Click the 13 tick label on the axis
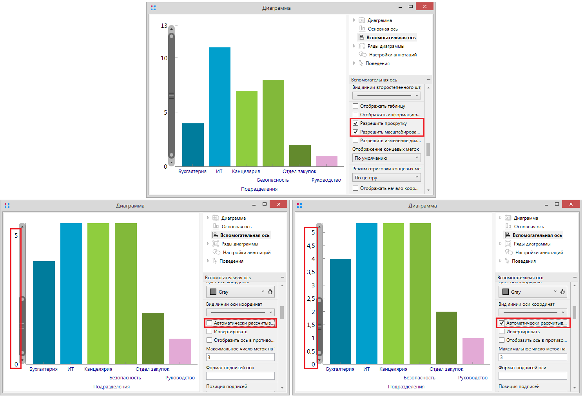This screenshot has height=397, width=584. [x=164, y=26]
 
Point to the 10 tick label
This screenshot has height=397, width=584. [x=164, y=58]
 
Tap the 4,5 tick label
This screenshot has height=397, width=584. [x=311, y=246]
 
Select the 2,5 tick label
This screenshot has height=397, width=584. [x=311, y=299]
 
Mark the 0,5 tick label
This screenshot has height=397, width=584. [x=311, y=352]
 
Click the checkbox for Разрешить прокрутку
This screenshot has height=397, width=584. [x=355, y=123]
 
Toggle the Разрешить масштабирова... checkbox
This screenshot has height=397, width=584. [x=355, y=132]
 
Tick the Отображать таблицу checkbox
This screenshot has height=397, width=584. [x=355, y=106]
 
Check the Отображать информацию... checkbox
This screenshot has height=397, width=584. [x=355, y=115]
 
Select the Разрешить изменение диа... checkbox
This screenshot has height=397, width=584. [x=355, y=141]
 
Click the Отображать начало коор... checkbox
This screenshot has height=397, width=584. [x=355, y=188]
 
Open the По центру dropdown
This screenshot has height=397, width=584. [x=386, y=178]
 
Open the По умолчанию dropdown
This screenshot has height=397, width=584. [x=386, y=158]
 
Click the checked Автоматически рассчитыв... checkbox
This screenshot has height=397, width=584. [x=502, y=323]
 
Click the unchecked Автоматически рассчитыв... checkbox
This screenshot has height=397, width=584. [x=209, y=323]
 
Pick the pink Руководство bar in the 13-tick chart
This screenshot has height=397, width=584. [x=326, y=161]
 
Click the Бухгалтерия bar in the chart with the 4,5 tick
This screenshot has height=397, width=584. [x=340, y=311]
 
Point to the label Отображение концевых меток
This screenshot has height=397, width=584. [x=385, y=149]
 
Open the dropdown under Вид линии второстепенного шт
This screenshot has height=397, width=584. [x=386, y=96]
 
